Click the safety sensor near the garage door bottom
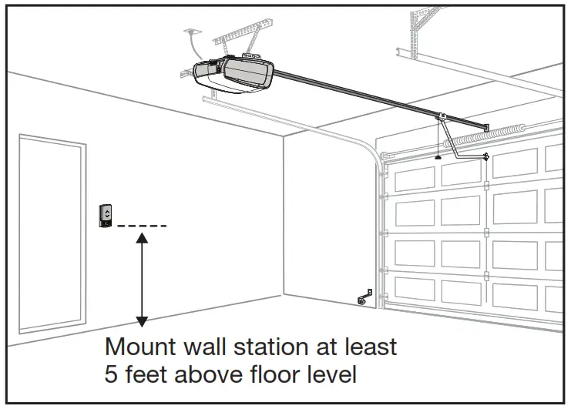(x=364, y=298)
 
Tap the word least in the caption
(x=372, y=347)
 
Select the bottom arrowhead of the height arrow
(x=141, y=321)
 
